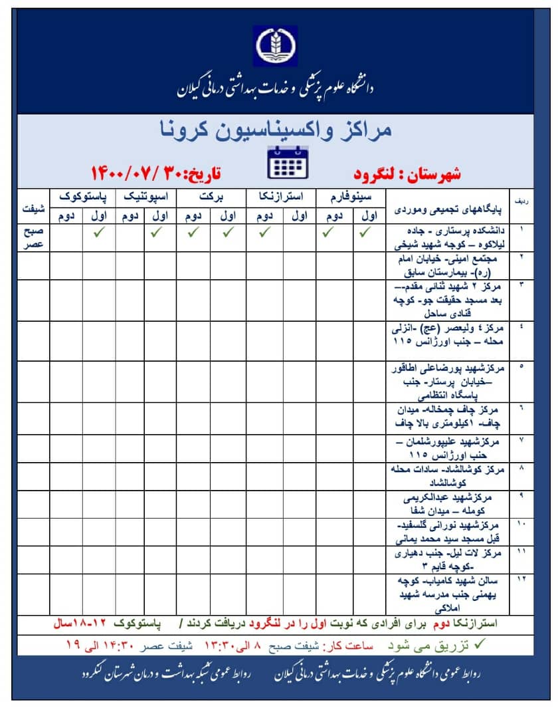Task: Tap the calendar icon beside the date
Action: tap(287, 162)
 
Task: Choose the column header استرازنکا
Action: tap(282, 197)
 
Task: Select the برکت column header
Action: tap(213, 197)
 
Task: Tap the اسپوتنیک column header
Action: tap(147, 197)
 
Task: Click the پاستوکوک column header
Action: tap(83, 197)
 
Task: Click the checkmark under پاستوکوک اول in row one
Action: tap(99, 233)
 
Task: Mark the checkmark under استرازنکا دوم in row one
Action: tap(264, 233)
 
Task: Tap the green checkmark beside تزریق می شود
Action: tap(481, 644)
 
